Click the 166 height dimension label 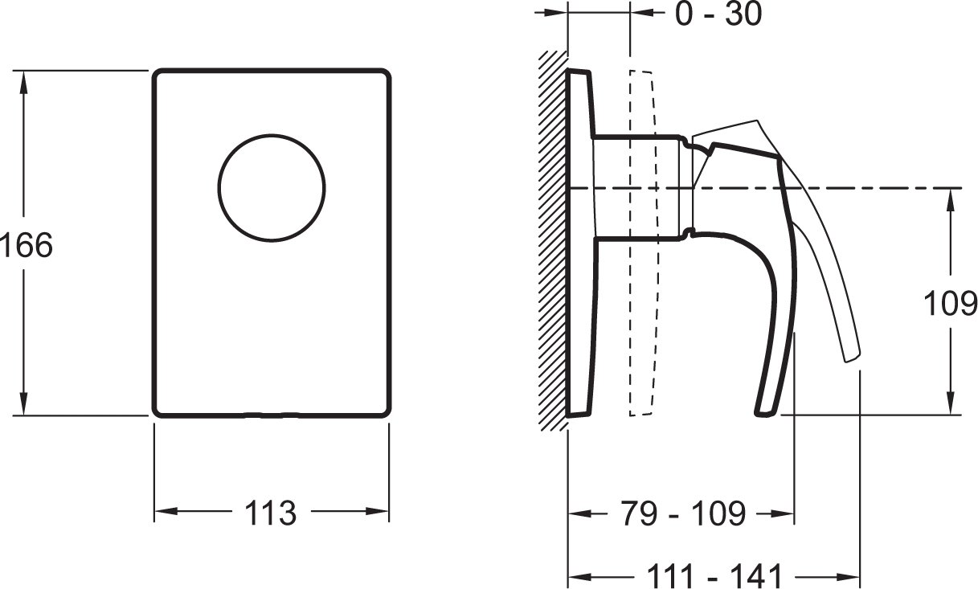point(27,245)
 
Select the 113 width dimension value point(271,513)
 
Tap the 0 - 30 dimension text point(718,14)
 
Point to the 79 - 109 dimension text point(683,514)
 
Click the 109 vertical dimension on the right point(951,304)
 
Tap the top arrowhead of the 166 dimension point(23,82)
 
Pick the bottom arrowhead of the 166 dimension point(23,404)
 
